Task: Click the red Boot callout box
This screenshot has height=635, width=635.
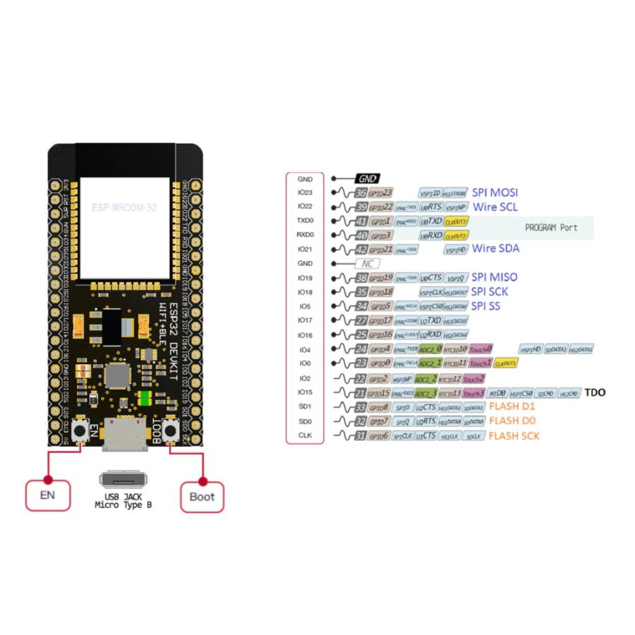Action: (202, 496)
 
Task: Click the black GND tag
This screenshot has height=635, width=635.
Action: (367, 179)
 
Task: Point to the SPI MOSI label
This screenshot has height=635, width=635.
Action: (496, 193)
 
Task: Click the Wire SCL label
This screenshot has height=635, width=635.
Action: (495, 207)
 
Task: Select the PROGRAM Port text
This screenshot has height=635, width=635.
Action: (551, 227)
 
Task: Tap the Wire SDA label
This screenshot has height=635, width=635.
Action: (495, 248)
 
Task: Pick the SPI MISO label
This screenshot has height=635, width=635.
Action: (496, 278)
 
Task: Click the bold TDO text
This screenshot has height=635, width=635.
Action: (595, 392)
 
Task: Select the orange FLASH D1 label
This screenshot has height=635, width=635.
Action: (513, 406)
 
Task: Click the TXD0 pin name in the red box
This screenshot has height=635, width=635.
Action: (305, 220)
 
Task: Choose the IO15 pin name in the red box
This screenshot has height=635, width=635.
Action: (305, 392)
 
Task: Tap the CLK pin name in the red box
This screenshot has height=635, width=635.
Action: (305, 435)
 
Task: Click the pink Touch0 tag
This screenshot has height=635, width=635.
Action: (480, 349)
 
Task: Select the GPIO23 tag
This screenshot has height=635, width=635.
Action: (380, 193)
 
